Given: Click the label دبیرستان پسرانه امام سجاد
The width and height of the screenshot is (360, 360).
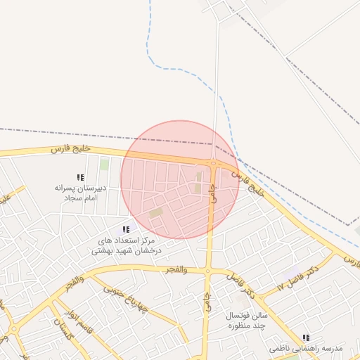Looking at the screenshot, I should (x=80, y=193).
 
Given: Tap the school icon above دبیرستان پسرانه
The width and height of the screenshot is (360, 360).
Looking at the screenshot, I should (x=80, y=177).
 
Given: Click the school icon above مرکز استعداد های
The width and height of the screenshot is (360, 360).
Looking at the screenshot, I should (x=126, y=229).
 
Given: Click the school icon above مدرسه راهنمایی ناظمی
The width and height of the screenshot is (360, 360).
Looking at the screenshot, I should (x=306, y=338).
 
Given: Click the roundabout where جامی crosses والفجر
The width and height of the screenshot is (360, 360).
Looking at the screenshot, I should (x=207, y=271).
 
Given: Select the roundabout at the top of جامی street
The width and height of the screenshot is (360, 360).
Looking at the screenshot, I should (x=213, y=165).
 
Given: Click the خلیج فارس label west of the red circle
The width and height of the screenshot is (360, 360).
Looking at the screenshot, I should (x=71, y=149).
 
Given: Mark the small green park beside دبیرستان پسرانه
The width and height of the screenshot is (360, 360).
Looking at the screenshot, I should (x=105, y=165).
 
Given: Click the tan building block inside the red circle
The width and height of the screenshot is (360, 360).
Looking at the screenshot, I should (x=156, y=212).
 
